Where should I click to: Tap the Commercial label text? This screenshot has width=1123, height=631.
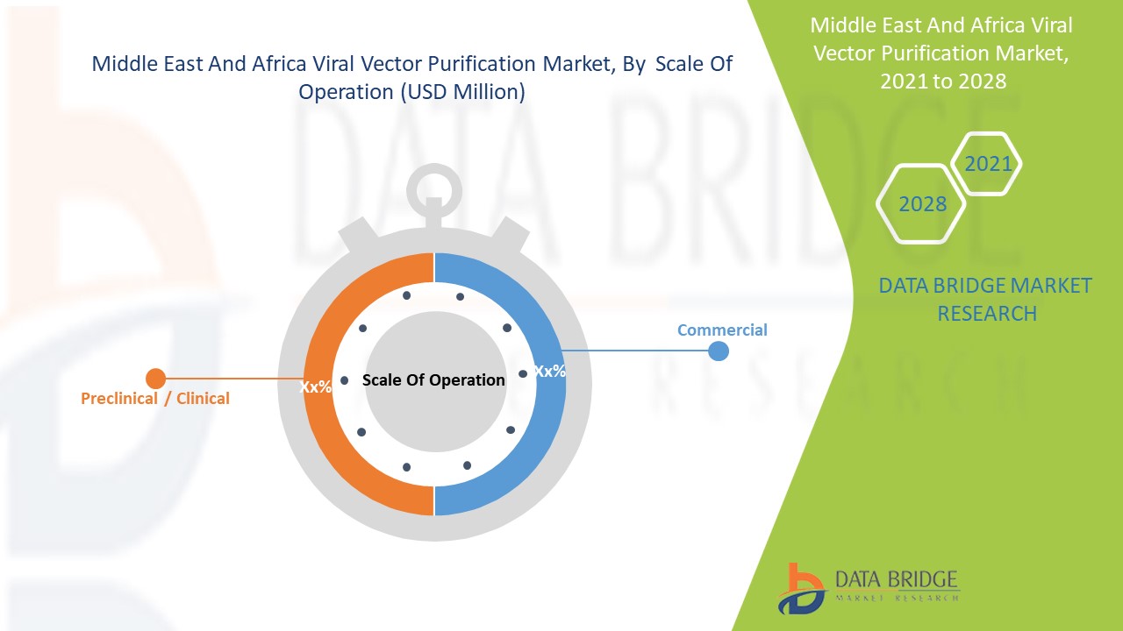point(722,330)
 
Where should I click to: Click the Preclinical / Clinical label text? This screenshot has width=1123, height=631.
point(155,399)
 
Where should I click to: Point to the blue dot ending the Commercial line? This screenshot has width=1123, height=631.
point(718,351)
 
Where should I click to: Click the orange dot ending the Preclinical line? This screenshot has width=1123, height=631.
point(155,379)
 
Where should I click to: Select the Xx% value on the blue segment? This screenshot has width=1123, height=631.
point(550,372)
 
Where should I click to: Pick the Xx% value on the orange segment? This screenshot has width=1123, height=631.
point(315,386)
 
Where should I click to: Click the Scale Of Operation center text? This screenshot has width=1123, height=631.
point(433,380)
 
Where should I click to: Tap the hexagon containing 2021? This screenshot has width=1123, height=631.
point(988,164)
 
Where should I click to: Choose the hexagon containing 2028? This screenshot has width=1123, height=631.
point(922,204)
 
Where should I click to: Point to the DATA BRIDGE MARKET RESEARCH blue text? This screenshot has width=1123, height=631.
point(985,299)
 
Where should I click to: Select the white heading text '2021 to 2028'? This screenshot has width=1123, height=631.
point(942,81)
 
